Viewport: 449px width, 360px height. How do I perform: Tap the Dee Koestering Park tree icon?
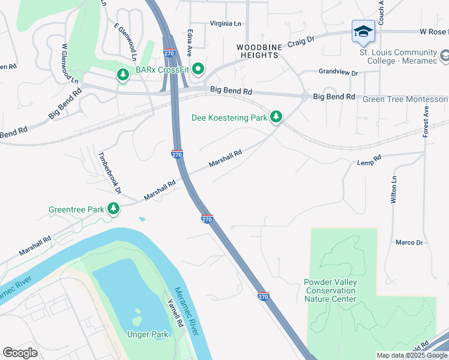(276, 116)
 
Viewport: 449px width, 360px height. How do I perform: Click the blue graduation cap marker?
(363, 32)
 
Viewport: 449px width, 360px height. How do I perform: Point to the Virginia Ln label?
(225, 23)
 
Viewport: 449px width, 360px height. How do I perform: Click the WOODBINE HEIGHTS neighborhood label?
(258, 50)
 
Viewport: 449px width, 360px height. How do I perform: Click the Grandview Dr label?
(338, 73)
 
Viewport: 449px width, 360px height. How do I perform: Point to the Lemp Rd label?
(369, 161)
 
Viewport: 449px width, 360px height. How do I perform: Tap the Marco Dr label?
(409, 243)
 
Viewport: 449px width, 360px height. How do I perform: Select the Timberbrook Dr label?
(110, 172)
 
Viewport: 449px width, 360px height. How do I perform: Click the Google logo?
(20, 353)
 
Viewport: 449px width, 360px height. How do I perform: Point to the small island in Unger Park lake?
(137, 314)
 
